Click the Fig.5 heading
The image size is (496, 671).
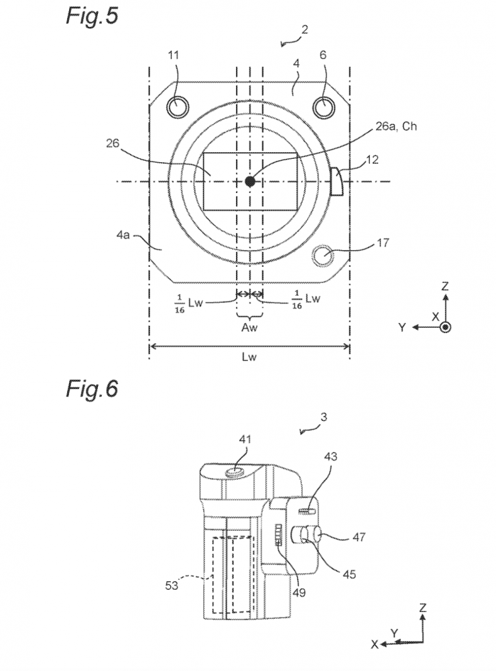tap(92, 17)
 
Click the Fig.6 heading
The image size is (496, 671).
tap(92, 389)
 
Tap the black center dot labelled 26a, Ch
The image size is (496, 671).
tap(250, 182)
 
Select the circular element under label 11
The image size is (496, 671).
tap(177, 107)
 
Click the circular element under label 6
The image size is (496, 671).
tap(324, 107)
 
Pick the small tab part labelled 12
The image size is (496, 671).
tap(336, 182)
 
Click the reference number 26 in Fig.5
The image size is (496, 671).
tap(113, 143)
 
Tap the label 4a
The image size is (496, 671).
tap(123, 235)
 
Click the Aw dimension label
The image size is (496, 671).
tap(249, 328)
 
